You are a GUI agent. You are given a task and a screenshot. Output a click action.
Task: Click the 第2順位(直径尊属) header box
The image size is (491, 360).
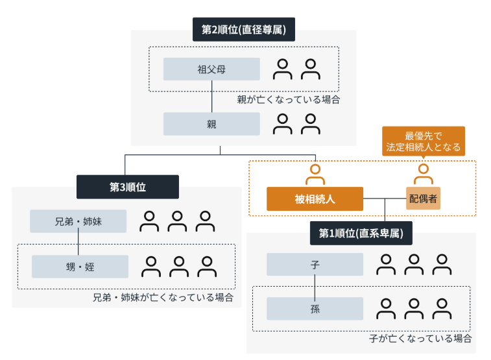click(244, 29)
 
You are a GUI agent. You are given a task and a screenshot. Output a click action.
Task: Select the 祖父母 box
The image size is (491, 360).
click(211, 69)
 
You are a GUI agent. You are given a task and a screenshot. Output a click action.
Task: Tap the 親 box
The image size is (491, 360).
click(211, 124)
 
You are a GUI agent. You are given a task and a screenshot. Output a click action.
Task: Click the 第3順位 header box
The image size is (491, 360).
click(127, 187)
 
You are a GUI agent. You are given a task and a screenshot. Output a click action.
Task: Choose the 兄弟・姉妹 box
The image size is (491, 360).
click(78, 221)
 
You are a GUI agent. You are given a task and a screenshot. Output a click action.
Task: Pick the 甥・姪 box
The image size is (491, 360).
click(80, 267)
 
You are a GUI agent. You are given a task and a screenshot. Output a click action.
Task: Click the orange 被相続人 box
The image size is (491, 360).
click(315, 198)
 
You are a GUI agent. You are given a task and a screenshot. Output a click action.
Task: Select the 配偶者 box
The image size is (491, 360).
click(423, 198)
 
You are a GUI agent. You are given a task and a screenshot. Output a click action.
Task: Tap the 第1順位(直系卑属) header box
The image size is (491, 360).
click(361, 234)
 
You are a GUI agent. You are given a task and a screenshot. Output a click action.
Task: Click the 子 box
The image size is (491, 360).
click(315, 265)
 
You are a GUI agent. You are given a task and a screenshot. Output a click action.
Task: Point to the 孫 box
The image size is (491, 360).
click(315, 309)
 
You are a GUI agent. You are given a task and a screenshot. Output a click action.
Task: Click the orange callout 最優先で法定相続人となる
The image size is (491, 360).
click(424, 141)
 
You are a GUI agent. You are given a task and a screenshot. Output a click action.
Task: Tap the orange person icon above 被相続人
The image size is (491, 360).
click(315, 174)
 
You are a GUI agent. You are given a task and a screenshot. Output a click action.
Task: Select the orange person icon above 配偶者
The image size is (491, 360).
click(424, 174)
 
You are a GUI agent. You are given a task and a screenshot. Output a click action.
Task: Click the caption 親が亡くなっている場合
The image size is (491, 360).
click(289, 99)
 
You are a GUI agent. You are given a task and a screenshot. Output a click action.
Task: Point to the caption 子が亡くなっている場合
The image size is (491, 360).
click(420, 339)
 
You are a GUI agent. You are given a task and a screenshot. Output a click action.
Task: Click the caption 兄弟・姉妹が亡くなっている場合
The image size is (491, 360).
click(163, 297)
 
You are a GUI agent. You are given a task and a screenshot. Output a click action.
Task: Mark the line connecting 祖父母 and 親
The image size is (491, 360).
click(211, 97)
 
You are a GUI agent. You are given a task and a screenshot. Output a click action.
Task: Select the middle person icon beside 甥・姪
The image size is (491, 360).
click(179, 267)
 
